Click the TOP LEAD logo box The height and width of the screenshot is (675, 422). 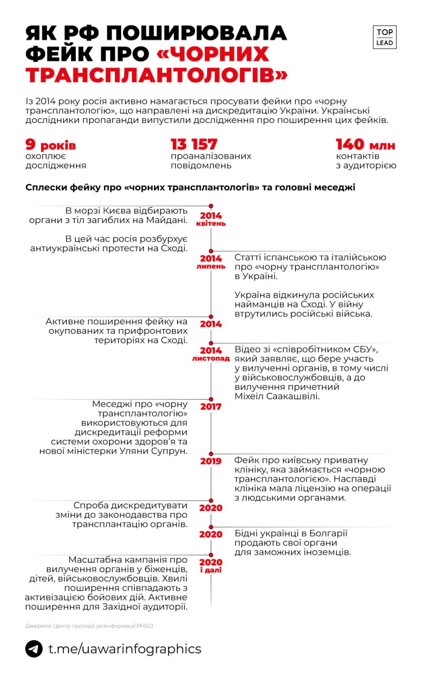click(x=385, y=37)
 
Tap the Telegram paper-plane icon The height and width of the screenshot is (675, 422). click(x=34, y=649)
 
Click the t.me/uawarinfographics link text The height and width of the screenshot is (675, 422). click(x=125, y=649)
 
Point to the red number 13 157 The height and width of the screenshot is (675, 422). click(x=194, y=144)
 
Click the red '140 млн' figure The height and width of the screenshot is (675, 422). click(x=366, y=144)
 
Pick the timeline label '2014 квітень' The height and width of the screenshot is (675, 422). click(x=211, y=219)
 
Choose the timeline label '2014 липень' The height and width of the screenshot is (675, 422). click(x=211, y=262)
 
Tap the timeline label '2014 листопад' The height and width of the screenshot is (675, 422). click(x=211, y=354)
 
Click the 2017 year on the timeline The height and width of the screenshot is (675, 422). click(x=211, y=407)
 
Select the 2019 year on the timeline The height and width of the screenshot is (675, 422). click(x=211, y=461)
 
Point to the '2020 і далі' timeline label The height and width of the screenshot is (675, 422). click(x=211, y=565)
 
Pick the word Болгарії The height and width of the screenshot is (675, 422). click(x=325, y=533)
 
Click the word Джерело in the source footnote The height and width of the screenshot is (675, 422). click(x=36, y=626)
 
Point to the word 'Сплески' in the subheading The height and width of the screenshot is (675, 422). click(x=46, y=187)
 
